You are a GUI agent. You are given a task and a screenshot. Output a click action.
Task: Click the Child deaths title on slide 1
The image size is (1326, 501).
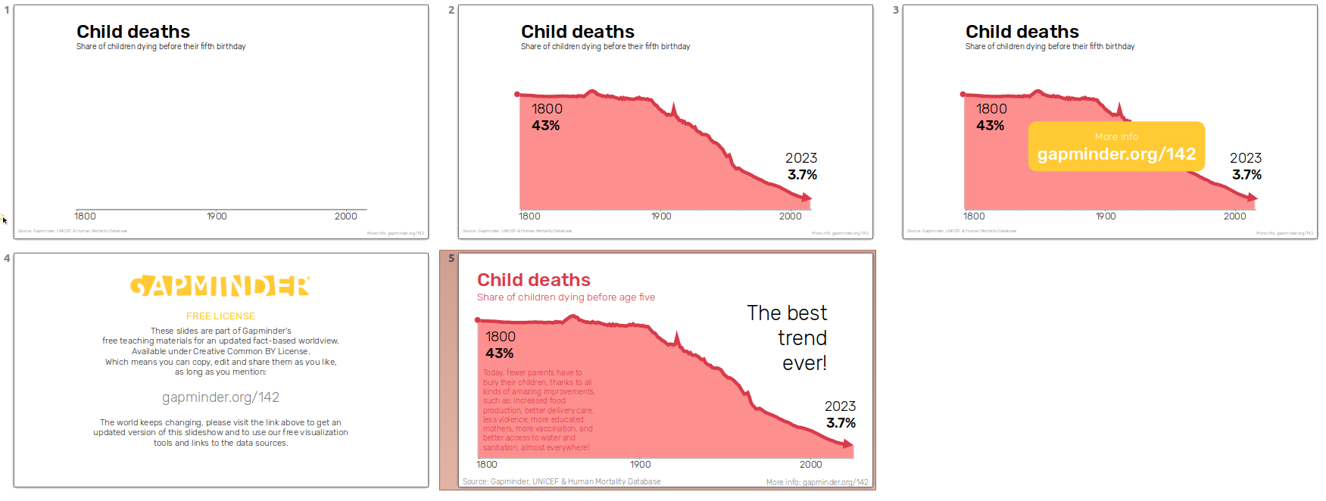click(133, 32)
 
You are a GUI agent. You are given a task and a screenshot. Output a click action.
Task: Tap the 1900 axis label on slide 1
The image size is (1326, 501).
click(217, 216)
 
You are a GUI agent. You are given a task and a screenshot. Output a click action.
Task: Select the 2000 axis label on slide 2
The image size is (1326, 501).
click(790, 216)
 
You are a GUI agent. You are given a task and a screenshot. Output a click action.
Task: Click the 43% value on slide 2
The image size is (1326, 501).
click(545, 126)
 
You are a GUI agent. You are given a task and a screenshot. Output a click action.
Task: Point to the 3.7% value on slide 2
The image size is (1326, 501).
click(802, 175)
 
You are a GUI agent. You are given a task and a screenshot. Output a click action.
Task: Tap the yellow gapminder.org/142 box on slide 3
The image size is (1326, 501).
click(1116, 147)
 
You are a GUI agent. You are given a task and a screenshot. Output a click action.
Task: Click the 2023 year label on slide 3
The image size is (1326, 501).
click(1246, 158)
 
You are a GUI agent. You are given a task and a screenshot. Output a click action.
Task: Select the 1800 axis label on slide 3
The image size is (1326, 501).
click(974, 216)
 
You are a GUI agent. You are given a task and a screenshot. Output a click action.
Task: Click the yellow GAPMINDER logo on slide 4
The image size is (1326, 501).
click(220, 286)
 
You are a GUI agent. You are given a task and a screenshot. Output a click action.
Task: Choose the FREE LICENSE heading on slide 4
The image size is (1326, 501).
click(220, 316)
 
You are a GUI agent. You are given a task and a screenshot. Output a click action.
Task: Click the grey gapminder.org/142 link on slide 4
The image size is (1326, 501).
click(220, 397)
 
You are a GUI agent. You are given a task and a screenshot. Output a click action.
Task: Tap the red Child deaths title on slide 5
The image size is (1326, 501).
click(533, 280)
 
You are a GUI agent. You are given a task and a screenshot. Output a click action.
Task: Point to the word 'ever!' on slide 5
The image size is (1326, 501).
click(804, 363)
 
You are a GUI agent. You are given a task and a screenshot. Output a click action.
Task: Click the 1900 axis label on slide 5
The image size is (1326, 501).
click(640, 465)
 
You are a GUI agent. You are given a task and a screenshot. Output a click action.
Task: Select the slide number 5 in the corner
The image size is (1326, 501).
click(451, 258)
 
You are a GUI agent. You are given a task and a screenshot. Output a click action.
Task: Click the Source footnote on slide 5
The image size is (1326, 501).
click(561, 481)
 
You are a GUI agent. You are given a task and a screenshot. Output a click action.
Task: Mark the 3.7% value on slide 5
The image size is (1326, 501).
click(841, 423)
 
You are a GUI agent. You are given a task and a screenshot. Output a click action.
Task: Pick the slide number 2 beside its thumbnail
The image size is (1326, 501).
click(451, 10)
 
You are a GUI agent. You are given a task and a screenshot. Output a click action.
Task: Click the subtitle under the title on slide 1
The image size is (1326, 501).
click(161, 47)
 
